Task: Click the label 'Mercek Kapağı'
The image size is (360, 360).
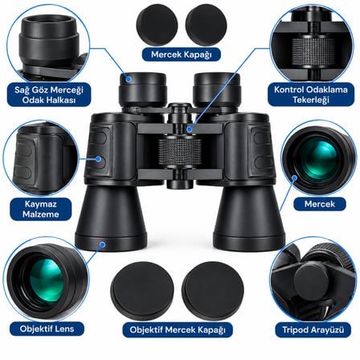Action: click(182, 55)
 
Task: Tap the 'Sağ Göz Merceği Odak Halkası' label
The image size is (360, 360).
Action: click(49, 95)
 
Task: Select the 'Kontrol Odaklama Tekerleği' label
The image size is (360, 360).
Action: click(311, 95)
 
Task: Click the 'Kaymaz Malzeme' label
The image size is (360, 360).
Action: click(41, 209)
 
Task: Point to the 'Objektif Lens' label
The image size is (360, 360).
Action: click(47, 329)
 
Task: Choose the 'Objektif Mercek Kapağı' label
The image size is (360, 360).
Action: click(178, 329)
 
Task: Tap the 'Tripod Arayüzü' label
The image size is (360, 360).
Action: click(313, 329)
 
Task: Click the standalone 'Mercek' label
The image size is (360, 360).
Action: click(320, 204)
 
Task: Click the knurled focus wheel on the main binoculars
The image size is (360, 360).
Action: click(180, 152)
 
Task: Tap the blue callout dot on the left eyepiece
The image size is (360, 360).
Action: click(129, 79)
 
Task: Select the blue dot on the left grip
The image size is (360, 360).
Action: click(98, 159)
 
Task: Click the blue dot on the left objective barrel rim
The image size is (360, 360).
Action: click(102, 244)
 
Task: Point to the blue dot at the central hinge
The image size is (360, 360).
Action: click(190, 129)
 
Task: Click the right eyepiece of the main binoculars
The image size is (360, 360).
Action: click(216, 90)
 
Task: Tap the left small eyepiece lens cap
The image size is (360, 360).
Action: click(157, 25)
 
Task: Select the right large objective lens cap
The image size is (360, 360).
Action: click(213, 291)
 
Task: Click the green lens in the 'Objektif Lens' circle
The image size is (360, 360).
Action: click(46, 280)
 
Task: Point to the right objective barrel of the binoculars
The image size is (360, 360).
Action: click(249, 219)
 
